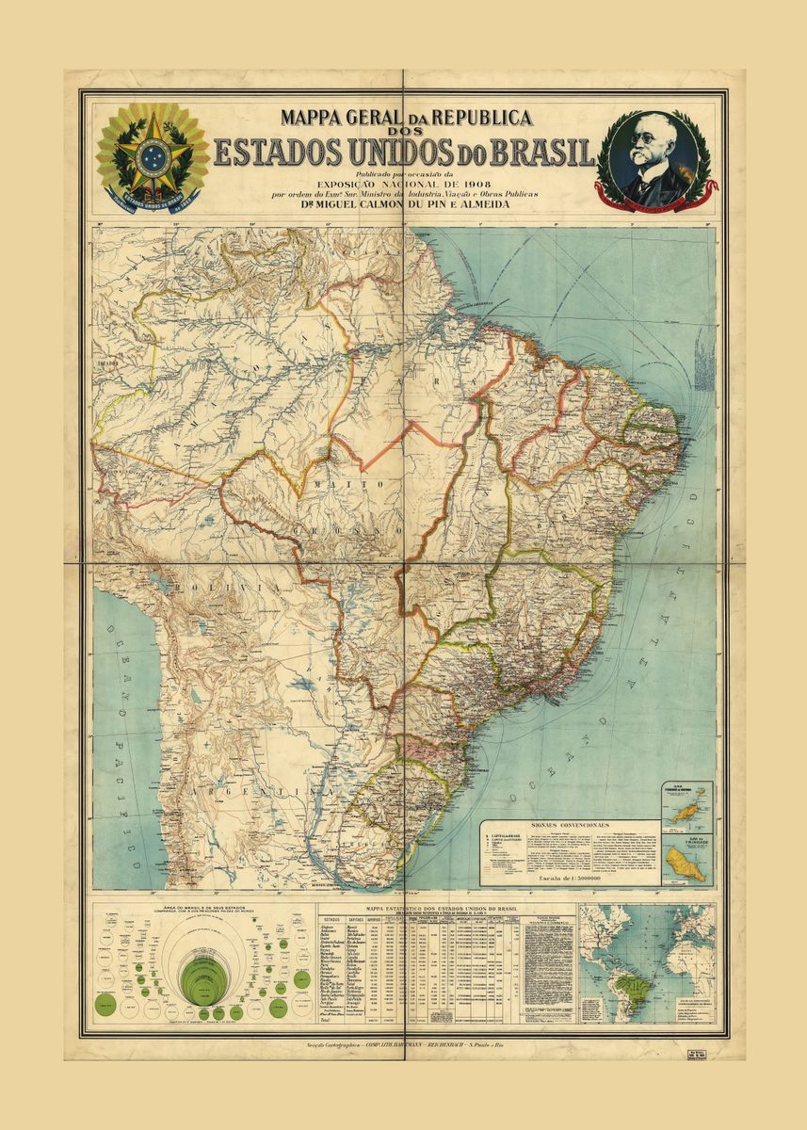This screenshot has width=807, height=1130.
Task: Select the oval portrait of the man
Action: coord(650,153)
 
